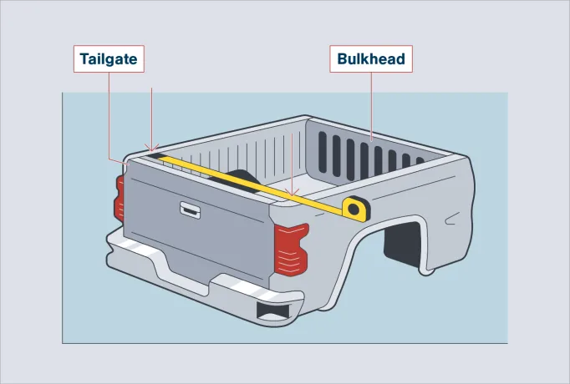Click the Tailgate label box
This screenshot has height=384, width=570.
pyautogui.click(x=109, y=58)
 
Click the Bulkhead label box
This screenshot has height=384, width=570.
pyautogui.click(x=371, y=58)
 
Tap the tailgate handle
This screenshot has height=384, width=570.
pyautogui.click(x=190, y=210)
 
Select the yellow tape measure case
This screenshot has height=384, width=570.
pyautogui.click(x=356, y=209)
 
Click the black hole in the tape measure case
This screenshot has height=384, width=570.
pyautogui.click(x=354, y=209)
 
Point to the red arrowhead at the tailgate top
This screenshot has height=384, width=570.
pyautogui.click(x=151, y=148)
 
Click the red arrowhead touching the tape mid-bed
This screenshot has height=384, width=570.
pyautogui.click(x=292, y=192)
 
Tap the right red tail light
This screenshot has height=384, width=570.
pyautogui.click(x=291, y=250)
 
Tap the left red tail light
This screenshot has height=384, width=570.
pyautogui.click(x=120, y=199)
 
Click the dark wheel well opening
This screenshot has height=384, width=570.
pyautogui.click(x=402, y=244)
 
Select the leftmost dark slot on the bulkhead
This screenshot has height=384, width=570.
pyautogui.click(x=323, y=152)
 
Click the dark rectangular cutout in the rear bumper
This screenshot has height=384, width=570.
pyautogui.click(x=273, y=311)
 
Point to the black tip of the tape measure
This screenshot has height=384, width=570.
pyautogui.click(x=157, y=156)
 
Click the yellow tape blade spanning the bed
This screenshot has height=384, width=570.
pyautogui.click(x=250, y=183)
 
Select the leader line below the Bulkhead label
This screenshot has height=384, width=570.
pyautogui.click(x=371, y=106)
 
